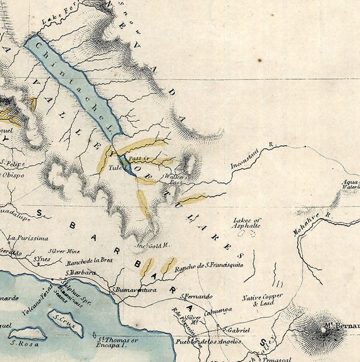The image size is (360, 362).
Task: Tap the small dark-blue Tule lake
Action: (125, 165)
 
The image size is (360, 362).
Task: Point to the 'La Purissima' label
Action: (28, 238)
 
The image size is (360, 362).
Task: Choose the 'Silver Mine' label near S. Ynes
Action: (64, 251)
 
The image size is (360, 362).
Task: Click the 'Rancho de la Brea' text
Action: (90, 260)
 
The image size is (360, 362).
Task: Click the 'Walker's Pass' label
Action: (179, 180)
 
